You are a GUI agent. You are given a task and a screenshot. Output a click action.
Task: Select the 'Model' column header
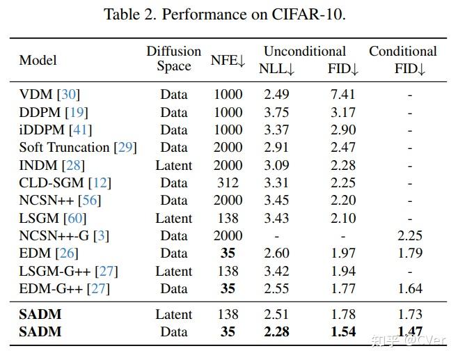point(38,60)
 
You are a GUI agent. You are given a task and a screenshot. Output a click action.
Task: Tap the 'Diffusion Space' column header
point(173,59)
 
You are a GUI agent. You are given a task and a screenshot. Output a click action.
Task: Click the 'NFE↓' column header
point(228,60)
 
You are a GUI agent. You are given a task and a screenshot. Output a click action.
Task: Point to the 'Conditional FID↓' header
point(403,59)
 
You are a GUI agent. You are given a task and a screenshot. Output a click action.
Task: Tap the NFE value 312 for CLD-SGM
point(228,182)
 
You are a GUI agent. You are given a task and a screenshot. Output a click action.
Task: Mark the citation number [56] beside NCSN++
point(89,201)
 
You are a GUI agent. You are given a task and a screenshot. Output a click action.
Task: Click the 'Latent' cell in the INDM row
point(173,165)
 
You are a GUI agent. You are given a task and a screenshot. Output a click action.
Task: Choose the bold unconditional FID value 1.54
point(342,332)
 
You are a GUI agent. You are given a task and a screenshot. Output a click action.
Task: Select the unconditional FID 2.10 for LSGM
point(342,218)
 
